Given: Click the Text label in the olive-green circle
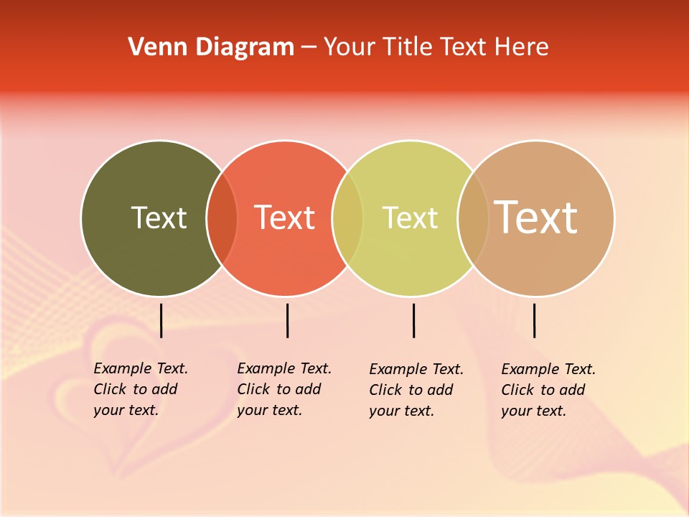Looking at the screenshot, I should tap(159, 218).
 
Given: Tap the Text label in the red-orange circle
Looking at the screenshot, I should tap(285, 218).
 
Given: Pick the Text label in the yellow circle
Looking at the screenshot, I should tap(410, 218).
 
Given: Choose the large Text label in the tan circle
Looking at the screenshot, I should tap(536, 218).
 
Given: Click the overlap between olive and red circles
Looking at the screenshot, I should tap(222, 218).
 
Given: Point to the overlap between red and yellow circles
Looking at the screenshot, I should tap(348, 218).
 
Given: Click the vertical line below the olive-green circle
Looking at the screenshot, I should tap(161, 320).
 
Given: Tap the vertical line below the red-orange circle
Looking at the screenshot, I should tap(287, 320).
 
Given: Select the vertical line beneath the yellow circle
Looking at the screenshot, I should tap(413, 320).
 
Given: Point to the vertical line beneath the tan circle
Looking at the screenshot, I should tap(534, 320).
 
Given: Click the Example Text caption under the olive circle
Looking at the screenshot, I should tap(141, 389).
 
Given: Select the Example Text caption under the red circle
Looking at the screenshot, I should tap(284, 389).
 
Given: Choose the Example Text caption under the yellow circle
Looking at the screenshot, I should tap(416, 390).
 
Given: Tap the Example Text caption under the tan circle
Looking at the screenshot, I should tap(548, 390).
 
